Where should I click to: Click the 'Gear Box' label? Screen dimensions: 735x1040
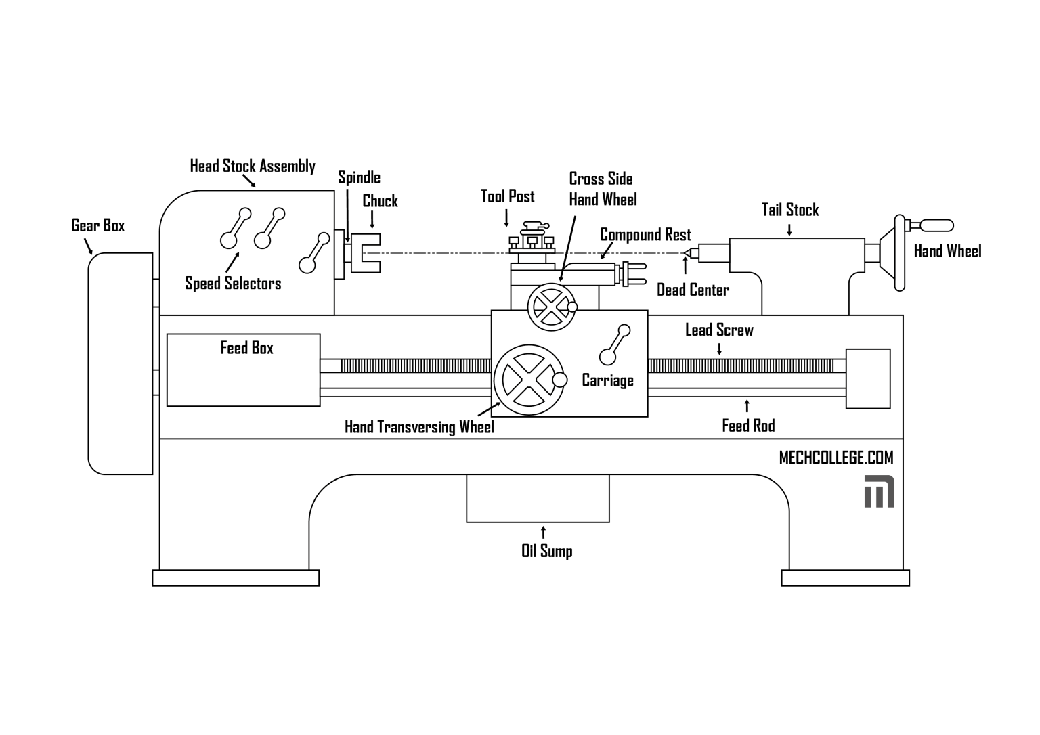click(98, 225)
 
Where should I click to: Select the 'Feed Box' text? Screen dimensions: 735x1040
click(246, 348)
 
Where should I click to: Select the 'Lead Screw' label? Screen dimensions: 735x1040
click(719, 330)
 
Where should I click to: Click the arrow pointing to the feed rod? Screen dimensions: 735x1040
click(747, 406)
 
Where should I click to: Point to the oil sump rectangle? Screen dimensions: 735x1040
click(538, 498)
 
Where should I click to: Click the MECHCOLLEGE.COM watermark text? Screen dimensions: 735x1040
click(836, 458)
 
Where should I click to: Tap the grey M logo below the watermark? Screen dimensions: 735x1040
click(879, 491)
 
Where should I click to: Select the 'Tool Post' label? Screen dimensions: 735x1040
click(507, 196)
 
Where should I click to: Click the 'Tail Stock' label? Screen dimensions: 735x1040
click(789, 210)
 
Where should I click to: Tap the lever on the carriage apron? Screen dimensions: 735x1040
click(615, 344)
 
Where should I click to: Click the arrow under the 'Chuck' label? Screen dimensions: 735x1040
click(371, 219)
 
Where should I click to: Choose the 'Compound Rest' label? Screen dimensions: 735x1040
click(645, 235)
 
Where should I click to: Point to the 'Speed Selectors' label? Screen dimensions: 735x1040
click(233, 283)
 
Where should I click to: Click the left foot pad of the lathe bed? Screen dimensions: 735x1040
click(235, 578)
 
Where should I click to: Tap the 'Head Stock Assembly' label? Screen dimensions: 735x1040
click(252, 166)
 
